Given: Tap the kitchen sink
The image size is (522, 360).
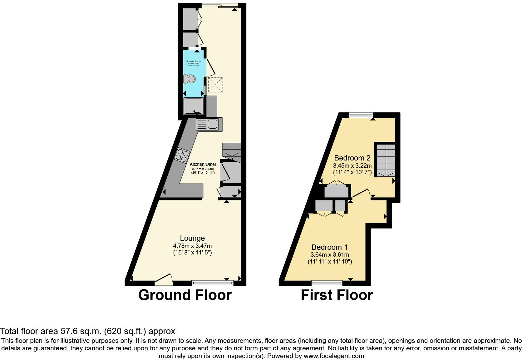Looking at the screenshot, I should pyautogui.click(x=209, y=124).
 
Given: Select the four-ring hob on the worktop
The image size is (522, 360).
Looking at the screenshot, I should pyautogui.click(x=182, y=155).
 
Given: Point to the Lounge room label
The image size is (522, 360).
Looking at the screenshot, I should pyautogui.click(x=192, y=239).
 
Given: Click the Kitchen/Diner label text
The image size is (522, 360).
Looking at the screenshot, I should pyautogui.click(x=203, y=164).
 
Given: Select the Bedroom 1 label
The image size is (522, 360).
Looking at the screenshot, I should pyautogui.click(x=330, y=247).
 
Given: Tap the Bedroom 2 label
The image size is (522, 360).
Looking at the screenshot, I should pyautogui.click(x=352, y=158).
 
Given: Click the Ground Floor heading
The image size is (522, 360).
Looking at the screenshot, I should pyautogui.click(x=185, y=295).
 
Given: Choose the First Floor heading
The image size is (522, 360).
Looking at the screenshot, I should pyautogui.click(x=337, y=295).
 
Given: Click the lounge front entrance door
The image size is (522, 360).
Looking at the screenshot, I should pyautogui.click(x=164, y=280).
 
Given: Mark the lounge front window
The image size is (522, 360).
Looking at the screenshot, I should pyautogui.click(x=212, y=283).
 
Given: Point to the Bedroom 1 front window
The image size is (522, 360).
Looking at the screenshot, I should pyautogui.click(x=327, y=283).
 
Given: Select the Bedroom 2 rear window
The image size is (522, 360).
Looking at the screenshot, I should pyautogui.click(x=361, y=115).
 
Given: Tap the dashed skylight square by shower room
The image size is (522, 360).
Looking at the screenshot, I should pyautogui.click(x=215, y=85).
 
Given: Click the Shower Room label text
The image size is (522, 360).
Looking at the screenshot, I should pyautogui.click(x=194, y=62).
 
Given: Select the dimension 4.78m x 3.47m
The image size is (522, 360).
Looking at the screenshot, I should pyautogui.click(x=192, y=246).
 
